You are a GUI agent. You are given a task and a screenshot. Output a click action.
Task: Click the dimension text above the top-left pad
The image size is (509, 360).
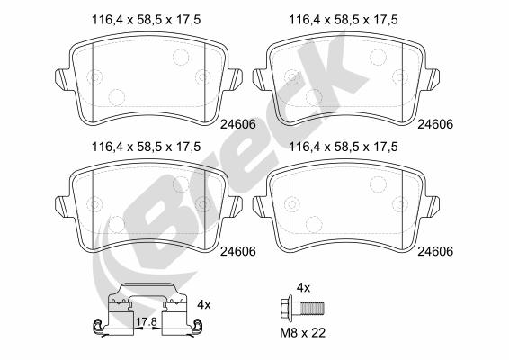click(x=146, y=20)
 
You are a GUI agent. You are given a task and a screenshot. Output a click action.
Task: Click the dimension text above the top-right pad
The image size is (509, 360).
click(x=344, y=20)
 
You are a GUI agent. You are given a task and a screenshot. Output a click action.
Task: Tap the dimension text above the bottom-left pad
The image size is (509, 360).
click(x=146, y=147)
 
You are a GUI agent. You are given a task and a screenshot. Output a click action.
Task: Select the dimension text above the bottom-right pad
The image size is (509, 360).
click(x=344, y=147)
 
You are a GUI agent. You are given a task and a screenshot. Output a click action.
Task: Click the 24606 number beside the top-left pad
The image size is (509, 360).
click(x=238, y=124)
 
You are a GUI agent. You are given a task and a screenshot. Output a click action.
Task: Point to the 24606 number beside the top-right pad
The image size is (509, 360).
click(x=435, y=124)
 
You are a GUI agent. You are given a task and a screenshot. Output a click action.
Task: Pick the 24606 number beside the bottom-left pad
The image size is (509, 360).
click(x=238, y=251)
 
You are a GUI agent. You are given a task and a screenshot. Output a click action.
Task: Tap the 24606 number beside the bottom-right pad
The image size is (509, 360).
click(x=435, y=251)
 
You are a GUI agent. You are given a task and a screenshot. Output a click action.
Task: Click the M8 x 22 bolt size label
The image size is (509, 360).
click(x=302, y=333)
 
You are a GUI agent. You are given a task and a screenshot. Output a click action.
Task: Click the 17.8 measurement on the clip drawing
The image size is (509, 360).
click(x=147, y=322)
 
